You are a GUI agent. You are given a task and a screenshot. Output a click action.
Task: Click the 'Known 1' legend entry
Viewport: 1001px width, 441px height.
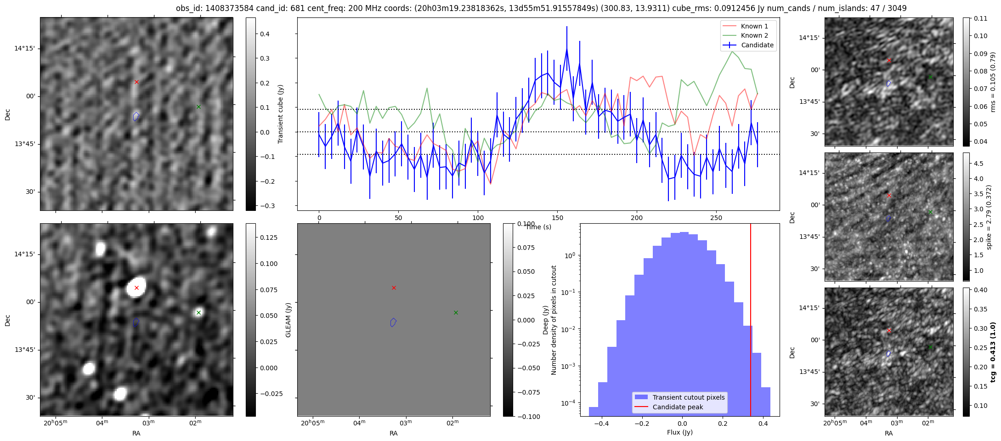(754, 26)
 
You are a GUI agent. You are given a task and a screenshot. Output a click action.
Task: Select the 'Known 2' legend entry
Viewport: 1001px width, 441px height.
(754, 35)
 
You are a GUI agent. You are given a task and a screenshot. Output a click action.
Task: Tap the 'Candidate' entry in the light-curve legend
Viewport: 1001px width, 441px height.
(757, 45)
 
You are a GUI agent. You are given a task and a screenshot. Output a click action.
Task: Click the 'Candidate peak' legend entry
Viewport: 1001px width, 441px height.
(678, 407)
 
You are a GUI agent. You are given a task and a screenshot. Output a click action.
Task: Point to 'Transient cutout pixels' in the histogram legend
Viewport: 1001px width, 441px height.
(688, 397)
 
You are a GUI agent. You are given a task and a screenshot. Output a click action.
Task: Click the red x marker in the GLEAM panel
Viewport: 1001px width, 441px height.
(394, 288)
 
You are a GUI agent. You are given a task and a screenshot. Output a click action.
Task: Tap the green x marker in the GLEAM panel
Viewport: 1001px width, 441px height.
(456, 312)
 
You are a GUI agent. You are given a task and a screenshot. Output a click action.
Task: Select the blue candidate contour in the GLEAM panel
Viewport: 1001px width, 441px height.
(393, 322)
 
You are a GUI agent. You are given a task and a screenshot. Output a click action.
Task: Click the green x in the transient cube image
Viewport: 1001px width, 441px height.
(198, 107)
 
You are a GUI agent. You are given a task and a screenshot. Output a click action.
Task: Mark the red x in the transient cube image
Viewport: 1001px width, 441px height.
(136, 82)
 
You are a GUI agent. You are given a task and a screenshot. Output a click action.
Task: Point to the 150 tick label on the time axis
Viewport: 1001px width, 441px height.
(557, 218)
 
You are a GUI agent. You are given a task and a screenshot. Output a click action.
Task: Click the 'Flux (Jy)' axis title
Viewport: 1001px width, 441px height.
(679, 432)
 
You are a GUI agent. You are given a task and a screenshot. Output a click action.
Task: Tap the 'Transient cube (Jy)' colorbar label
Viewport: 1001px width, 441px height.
(281, 114)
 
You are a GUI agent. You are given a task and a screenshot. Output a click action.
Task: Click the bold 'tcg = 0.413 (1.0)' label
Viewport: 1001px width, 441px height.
(992, 352)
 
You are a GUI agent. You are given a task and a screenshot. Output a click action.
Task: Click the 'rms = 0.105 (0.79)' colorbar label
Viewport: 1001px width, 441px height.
(992, 82)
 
